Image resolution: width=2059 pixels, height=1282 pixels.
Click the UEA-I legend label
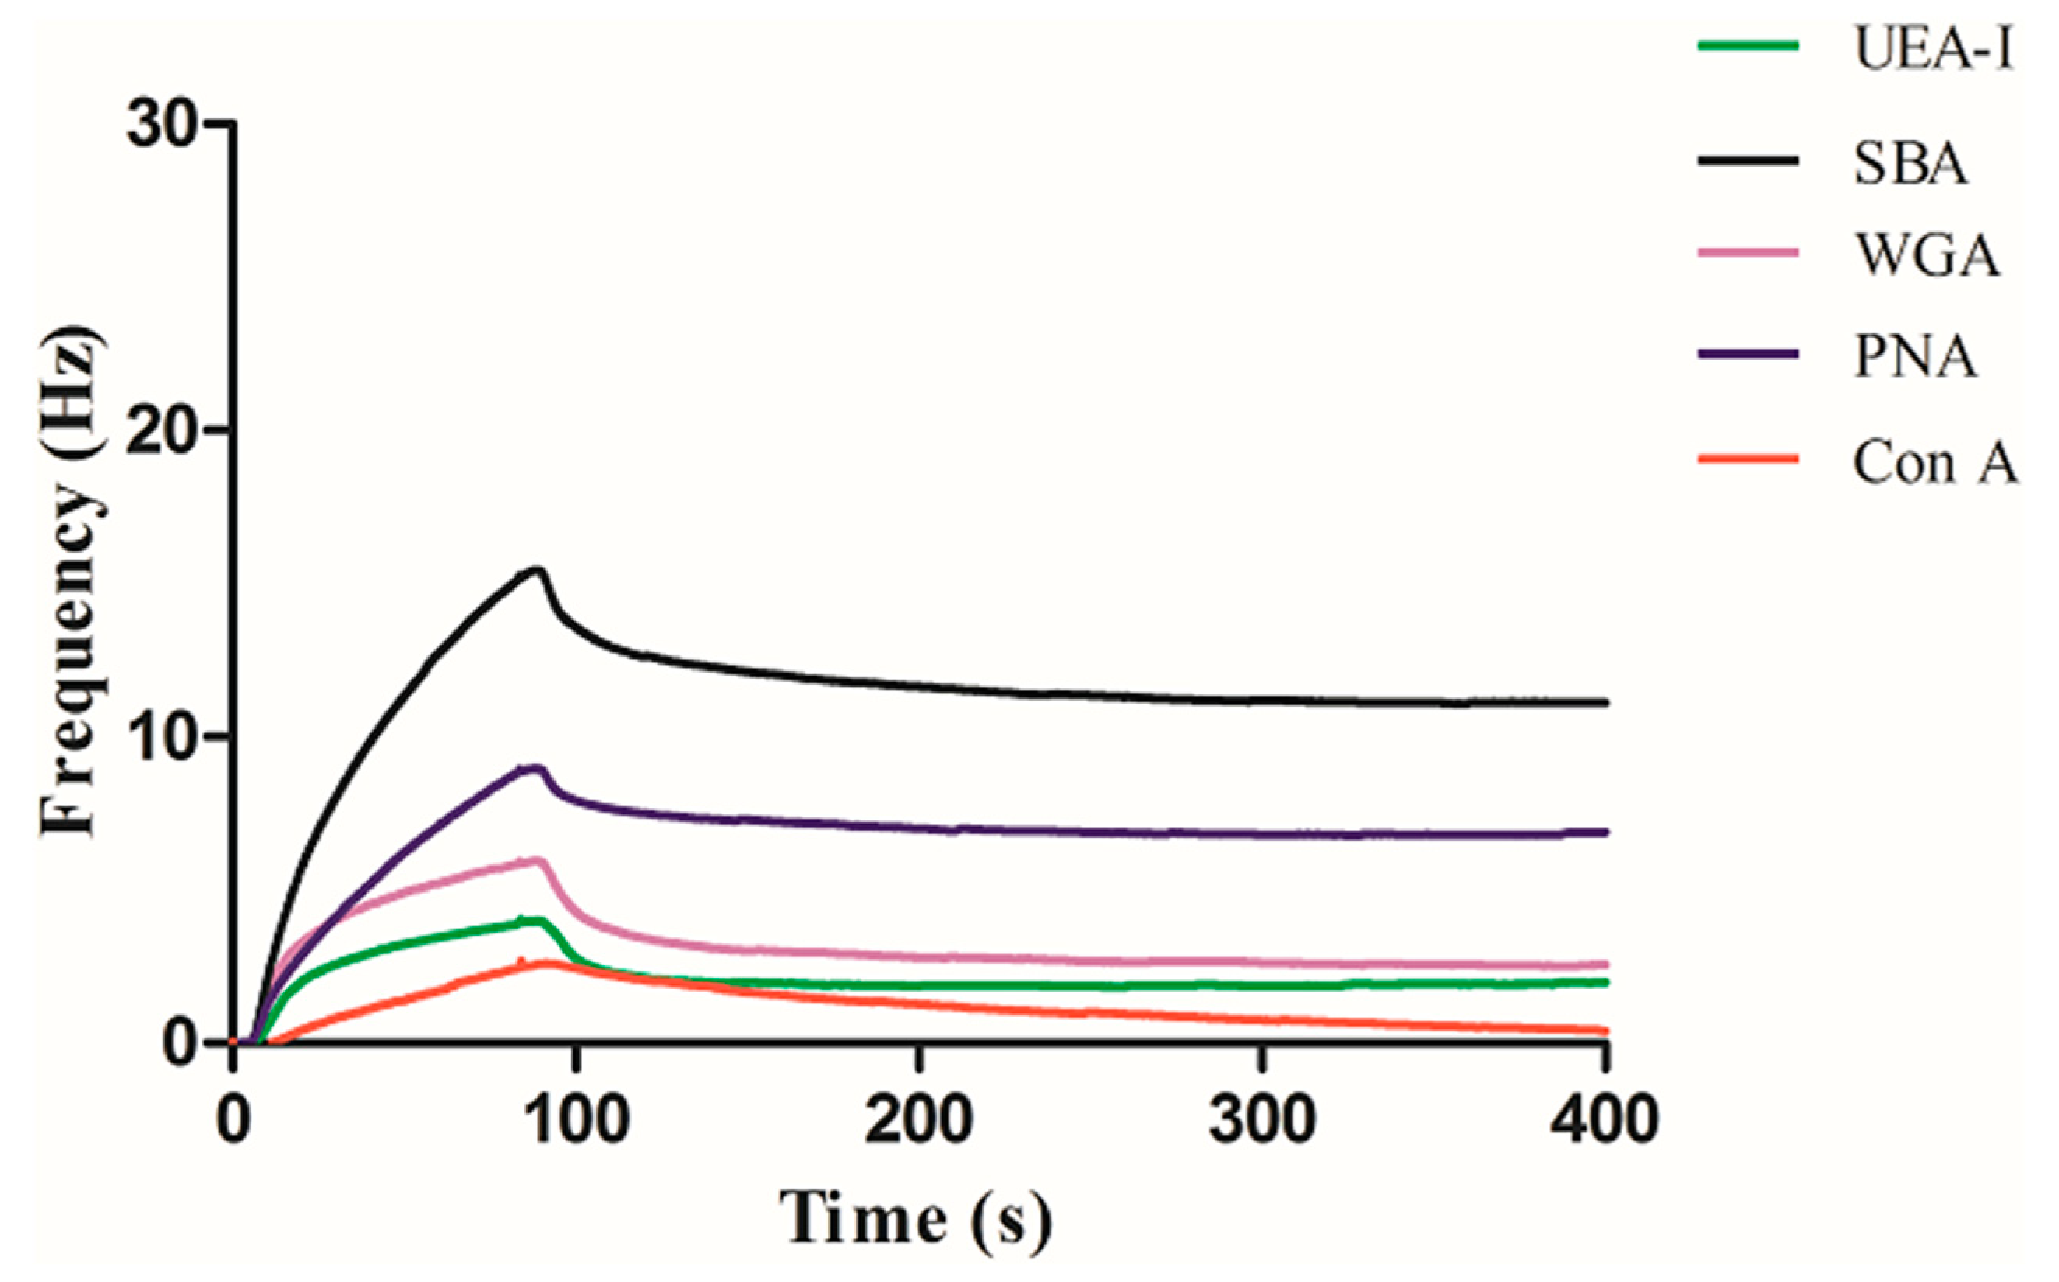point(1934,49)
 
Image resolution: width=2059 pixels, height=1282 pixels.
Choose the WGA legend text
point(1927,255)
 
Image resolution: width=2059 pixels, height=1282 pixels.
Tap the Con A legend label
point(1935,463)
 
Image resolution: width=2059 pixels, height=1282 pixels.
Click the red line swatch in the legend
point(1748,459)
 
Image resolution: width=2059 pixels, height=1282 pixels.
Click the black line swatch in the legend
point(1748,160)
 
